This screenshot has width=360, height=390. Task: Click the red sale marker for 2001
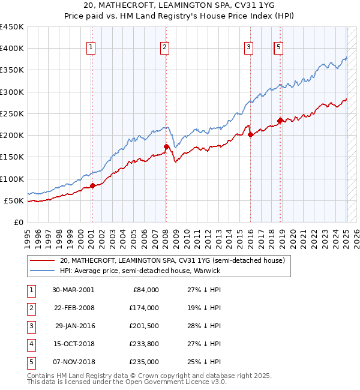(93, 185)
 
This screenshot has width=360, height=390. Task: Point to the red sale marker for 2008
(166, 146)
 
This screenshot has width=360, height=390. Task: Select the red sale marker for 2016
(251, 135)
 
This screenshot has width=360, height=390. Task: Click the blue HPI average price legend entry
(140, 271)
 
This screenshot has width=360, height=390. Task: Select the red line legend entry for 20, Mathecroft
(175, 260)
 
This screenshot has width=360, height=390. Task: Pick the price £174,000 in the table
(145, 308)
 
